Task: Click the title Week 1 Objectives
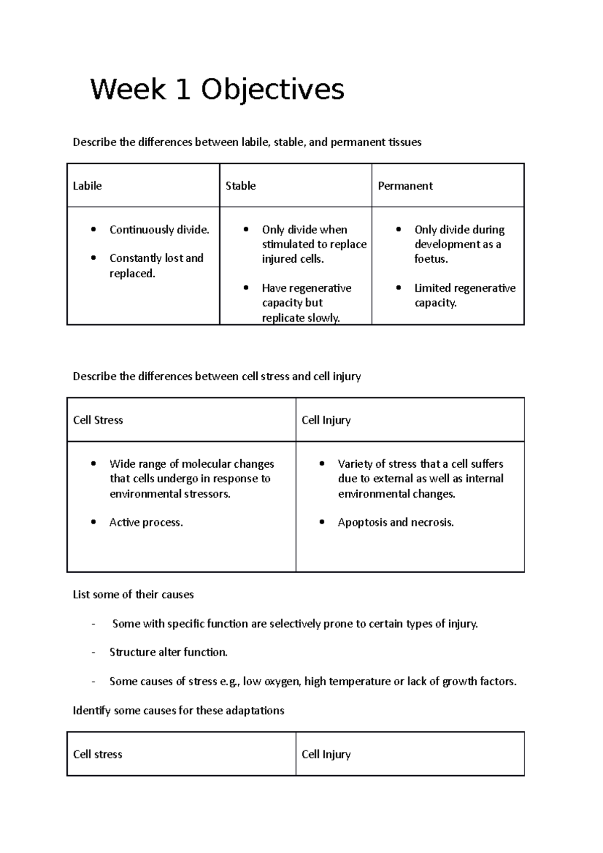[x=217, y=90]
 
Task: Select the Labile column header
[x=87, y=186]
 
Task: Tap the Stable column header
[x=240, y=186]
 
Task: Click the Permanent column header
[x=405, y=186]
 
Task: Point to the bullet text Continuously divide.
[x=159, y=230]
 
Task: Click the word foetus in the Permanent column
[x=431, y=259]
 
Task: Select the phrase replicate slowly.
[x=300, y=317]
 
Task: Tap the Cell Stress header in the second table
[x=98, y=420]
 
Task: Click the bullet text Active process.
[x=146, y=522]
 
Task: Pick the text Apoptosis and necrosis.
[x=395, y=522]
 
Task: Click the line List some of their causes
[x=133, y=595]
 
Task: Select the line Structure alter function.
[x=168, y=652]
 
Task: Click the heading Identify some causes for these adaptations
[x=178, y=710]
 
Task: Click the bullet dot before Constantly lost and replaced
[x=93, y=258]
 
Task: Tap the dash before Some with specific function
[x=93, y=624]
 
